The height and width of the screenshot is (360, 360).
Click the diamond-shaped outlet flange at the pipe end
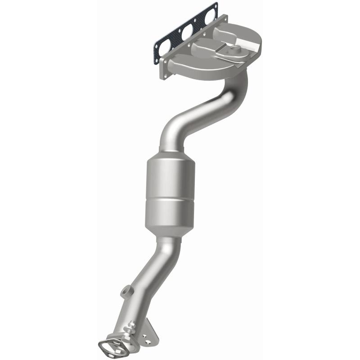click(x=112, y=347)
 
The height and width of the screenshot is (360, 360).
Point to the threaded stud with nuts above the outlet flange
click(x=131, y=328)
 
